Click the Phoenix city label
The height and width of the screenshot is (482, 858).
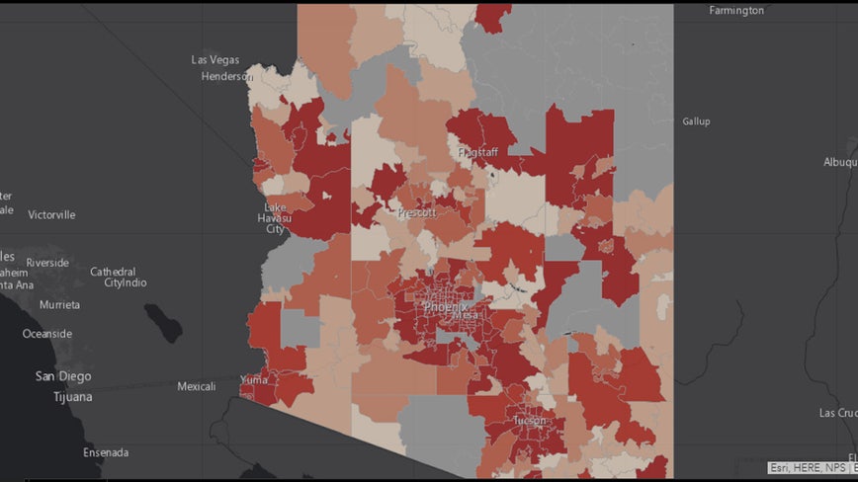446,307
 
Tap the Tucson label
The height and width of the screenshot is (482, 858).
529,420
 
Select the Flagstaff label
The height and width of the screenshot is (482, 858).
477,152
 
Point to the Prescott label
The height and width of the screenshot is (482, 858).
416,212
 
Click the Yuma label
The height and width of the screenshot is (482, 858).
255,379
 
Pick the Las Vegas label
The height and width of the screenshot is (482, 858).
214,60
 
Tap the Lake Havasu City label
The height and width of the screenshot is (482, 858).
274,217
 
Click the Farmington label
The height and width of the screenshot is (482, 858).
736,11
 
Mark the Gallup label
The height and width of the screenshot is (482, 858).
696,121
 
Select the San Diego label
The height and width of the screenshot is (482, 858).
63,376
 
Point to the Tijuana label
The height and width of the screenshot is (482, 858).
73,397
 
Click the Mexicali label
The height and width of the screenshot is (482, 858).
196,386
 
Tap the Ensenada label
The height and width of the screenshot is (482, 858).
106,452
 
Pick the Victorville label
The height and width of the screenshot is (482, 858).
51,214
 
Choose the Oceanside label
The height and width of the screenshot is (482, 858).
47,334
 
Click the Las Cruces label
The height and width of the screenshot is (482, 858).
836,413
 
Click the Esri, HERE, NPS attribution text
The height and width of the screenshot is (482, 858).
812,468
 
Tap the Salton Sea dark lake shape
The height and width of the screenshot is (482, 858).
163,323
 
